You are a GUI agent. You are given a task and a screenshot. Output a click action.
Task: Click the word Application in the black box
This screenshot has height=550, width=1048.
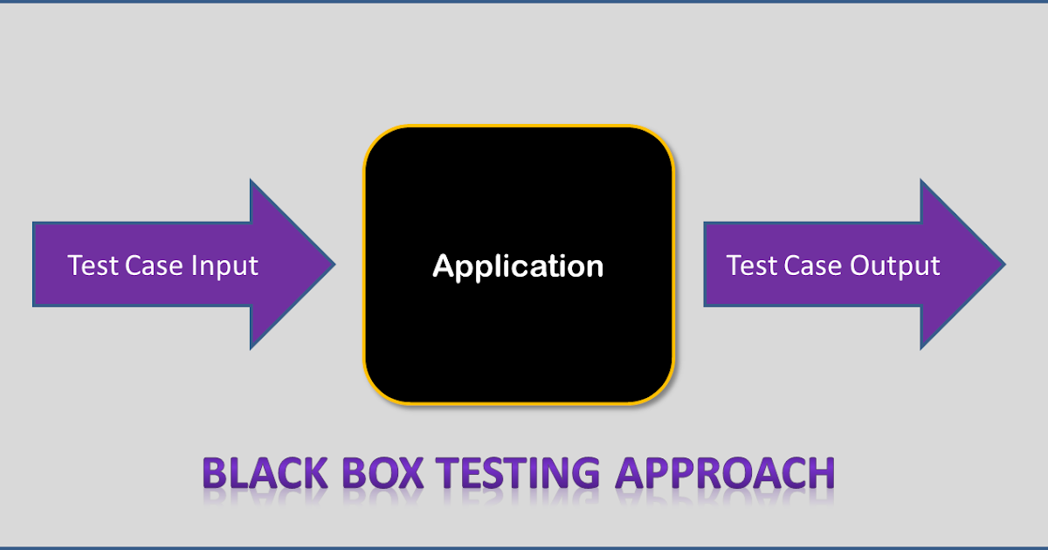click(518, 266)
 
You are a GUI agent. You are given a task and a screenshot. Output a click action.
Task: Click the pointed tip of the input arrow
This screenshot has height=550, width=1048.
click(333, 263)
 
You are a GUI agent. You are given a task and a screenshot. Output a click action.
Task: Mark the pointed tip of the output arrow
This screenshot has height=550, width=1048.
click(1003, 263)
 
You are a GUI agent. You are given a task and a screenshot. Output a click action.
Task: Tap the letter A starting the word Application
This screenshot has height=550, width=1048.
click(443, 266)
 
